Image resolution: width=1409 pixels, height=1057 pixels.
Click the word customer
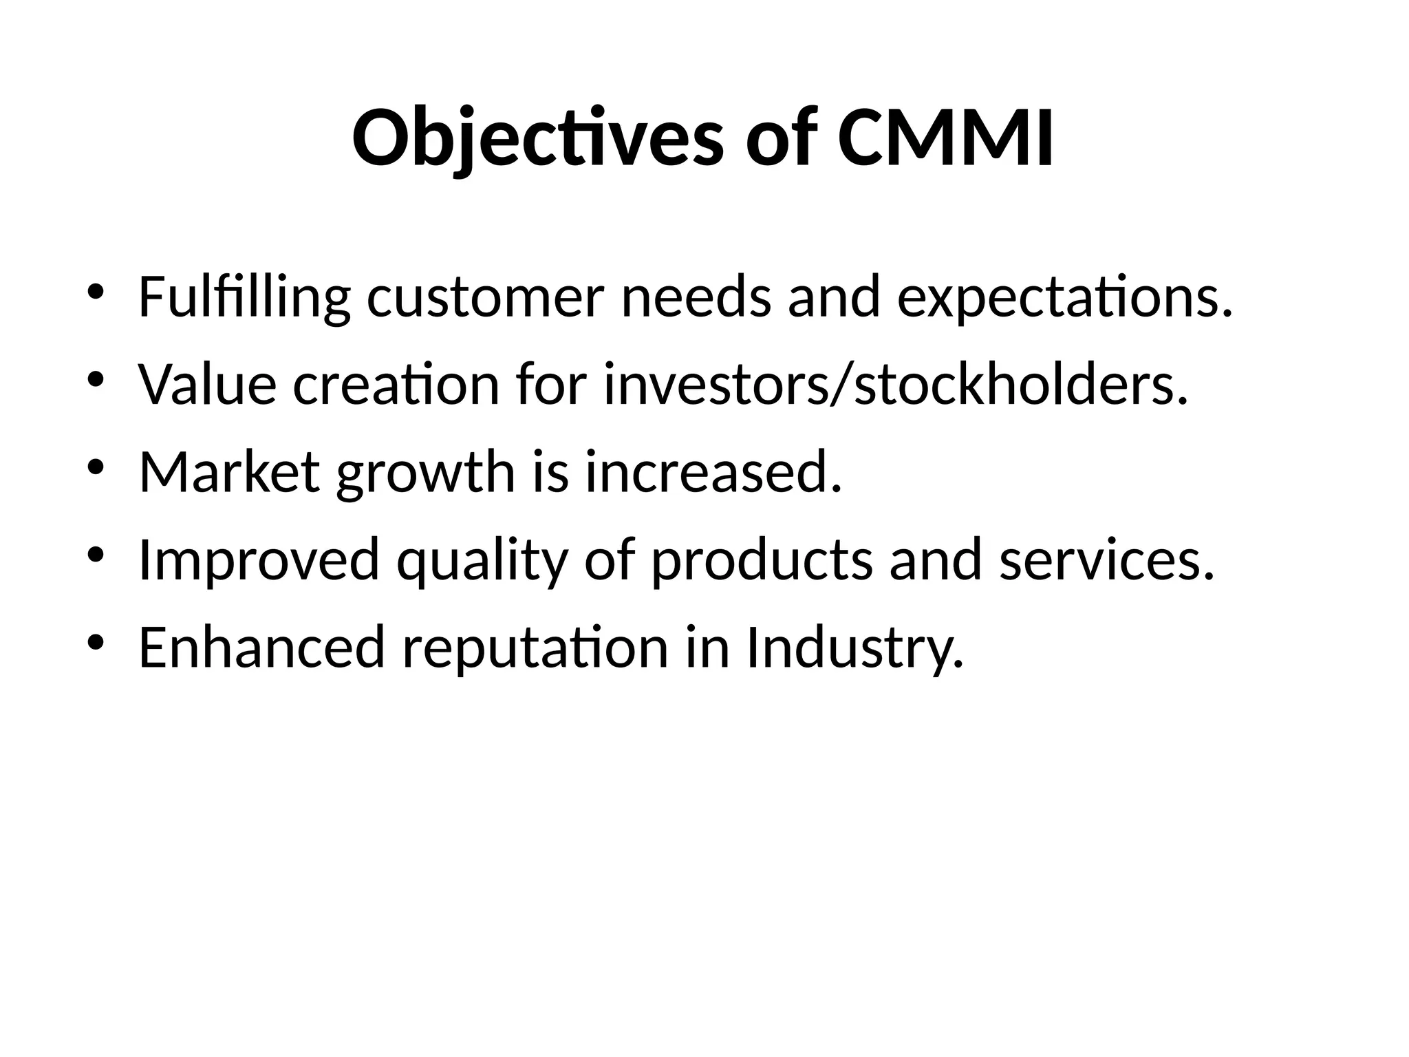(x=486, y=297)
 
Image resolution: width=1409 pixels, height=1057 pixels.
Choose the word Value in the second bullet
(x=207, y=385)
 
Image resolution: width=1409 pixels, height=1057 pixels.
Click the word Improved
(x=259, y=559)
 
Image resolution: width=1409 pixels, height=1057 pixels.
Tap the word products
(x=762, y=559)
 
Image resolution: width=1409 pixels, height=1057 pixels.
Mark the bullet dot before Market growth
(x=95, y=467)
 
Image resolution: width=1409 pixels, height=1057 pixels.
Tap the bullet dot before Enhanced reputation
(x=95, y=642)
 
